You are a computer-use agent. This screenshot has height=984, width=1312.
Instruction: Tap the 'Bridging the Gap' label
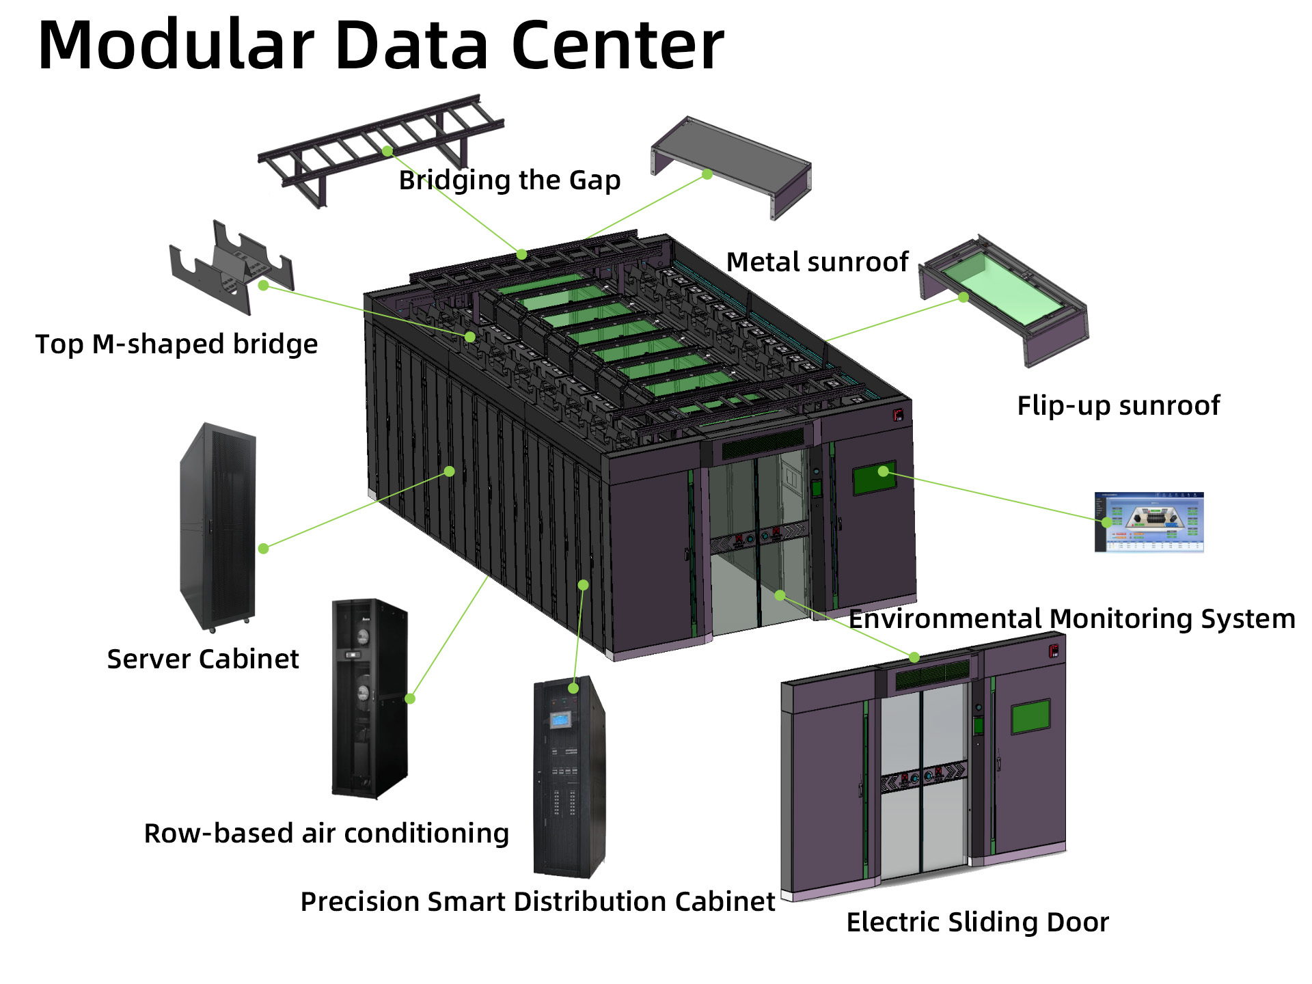click(510, 180)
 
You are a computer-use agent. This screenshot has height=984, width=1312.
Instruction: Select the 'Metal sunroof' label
click(817, 262)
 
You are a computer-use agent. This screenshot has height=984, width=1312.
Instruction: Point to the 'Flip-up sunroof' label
click(1119, 406)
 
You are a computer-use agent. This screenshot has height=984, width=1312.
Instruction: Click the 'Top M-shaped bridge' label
click(176, 344)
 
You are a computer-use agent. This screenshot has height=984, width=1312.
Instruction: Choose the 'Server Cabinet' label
click(203, 659)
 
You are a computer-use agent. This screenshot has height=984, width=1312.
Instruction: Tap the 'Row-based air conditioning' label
click(327, 834)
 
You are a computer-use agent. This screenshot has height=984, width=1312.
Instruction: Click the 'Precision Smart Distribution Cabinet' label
click(538, 902)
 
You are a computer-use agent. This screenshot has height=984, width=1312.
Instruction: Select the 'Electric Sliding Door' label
click(978, 922)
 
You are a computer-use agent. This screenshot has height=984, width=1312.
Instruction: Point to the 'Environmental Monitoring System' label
click(1072, 618)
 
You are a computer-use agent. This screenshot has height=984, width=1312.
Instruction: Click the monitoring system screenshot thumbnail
click(1149, 522)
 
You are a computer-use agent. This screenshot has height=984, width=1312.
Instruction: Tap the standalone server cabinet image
click(218, 528)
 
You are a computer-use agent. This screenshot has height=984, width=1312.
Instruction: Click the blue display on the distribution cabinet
click(560, 719)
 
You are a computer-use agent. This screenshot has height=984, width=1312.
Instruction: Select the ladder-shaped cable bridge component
click(381, 150)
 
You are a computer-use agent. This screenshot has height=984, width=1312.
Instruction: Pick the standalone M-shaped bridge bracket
click(232, 267)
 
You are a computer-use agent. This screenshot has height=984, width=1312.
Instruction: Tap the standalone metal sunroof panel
click(731, 167)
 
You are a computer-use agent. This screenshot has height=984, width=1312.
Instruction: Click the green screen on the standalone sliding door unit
click(1030, 716)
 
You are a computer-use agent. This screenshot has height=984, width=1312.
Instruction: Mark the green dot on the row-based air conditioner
click(410, 698)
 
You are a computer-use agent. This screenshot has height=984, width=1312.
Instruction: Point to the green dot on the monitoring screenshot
click(1106, 522)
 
